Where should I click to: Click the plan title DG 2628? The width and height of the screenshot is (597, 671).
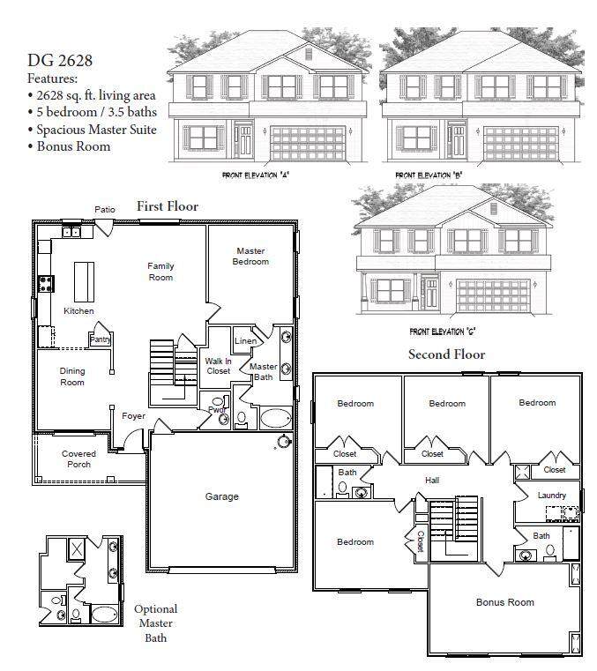pyautogui.click(x=60, y=61)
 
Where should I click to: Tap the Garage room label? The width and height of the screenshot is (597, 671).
pyautogui.click(x=221, y=496)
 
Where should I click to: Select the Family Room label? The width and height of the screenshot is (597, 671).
pyautogui.click(x=160, y=272)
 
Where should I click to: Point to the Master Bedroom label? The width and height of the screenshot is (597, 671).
pyautogui.click(x=250, y=256)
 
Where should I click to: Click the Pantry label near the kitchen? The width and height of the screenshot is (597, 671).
pyautogui.click(x=100, y=339)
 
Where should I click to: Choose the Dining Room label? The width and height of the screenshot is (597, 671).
pyautogui.click(x=72, y=377)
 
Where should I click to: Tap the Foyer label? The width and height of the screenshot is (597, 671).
pyautogui.click(x=133, y=416)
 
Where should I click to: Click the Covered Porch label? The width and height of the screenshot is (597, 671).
pyautogui.click(x=78, y=459)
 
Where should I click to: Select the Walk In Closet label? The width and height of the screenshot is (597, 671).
pyautogui.click(x=218, y=366)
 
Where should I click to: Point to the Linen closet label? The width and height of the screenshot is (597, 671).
pyautogui.click(x=245, y=341)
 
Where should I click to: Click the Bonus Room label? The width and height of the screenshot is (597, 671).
pyautogui.click(x=504, y=602)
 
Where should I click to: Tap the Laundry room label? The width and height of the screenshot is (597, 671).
pyautogui.click(x=552, y=496)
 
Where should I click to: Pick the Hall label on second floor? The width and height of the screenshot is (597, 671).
pyautogui.click(x=432, y=481)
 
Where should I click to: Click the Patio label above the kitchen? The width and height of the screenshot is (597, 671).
pyautogui.click(x=105, y=209)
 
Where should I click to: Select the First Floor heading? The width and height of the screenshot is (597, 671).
pyautogui.click(x=167, y=206)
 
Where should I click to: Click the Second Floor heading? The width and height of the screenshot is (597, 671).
pyautogui.click(x=446, y=354)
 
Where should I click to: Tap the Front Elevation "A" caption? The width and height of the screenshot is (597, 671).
pyautogui.click(x=256, y=175)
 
